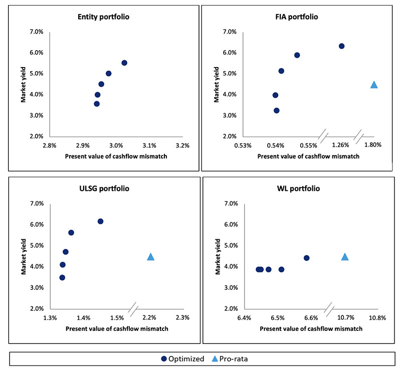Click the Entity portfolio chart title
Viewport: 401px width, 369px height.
coord(101,17)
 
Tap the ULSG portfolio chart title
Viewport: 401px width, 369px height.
coord(101,189)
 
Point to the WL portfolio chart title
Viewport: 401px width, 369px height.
coord(297,189)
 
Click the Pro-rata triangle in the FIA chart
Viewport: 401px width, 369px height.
coord(374,85)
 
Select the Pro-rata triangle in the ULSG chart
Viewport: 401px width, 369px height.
coord(150,257)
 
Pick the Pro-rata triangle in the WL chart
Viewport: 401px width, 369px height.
coord(345,257)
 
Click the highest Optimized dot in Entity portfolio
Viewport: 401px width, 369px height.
coord(124,63)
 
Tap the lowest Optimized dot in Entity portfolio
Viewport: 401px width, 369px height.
coord(97,104)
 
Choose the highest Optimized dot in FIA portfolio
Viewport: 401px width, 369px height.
coord(342,46)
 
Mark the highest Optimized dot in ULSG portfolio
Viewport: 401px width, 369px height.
coord(100,221)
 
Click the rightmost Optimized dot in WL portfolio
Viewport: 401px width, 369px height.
coord(307,258)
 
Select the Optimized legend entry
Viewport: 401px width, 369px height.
coord(183,358)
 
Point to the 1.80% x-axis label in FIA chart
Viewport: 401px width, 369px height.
coord(373,145)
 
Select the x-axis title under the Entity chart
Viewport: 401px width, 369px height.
coord(116,156)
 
